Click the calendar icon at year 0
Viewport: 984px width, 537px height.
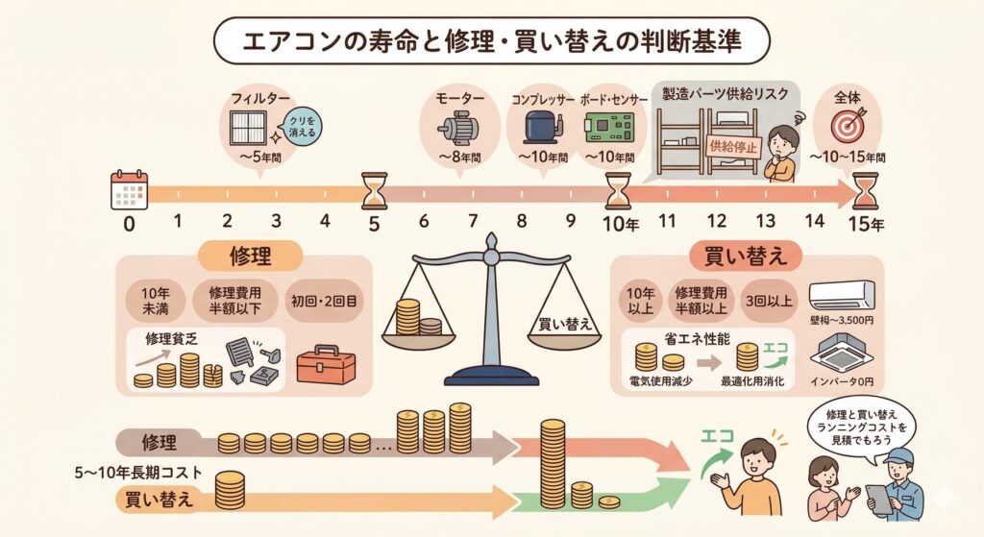[128, 189]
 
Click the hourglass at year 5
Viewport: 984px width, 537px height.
[374, 190]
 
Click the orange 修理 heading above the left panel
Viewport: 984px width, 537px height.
[251, 256]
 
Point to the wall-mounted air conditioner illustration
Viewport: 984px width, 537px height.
[842, 294]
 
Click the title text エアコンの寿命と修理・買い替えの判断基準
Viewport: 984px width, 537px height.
[491, 43]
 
